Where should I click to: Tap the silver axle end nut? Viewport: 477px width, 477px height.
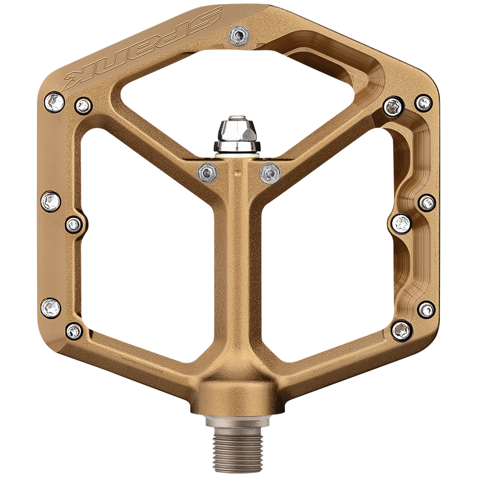(x=236, y=135)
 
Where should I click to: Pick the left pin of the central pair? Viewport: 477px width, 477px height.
(x=208, y=172)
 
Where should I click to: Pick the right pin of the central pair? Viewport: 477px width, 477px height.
(x=270, y=173)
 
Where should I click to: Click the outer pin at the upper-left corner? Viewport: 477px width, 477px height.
(x=54, y=102)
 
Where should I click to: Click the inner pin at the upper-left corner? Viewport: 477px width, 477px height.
(x=83, y=105)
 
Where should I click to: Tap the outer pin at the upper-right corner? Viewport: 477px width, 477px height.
(x=423, y=103)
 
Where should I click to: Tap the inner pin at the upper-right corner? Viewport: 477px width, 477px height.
(x=393, y=106)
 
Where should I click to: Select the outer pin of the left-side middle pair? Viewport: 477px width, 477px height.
(x=51, y=201)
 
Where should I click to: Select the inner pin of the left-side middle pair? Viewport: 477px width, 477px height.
(x=74, y=224)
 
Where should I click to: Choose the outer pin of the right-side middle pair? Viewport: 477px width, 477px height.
(x=426, y=203)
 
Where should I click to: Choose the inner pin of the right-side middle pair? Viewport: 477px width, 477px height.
(x=401, y=223)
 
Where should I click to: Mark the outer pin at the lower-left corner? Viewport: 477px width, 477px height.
(x=51, y=308)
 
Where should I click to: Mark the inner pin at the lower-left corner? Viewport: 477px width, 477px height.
(x=74, y=331)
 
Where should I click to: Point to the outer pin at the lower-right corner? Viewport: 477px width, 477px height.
(x=426, y=309)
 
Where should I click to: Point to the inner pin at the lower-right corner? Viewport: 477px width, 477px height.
(x=401, y=330)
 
